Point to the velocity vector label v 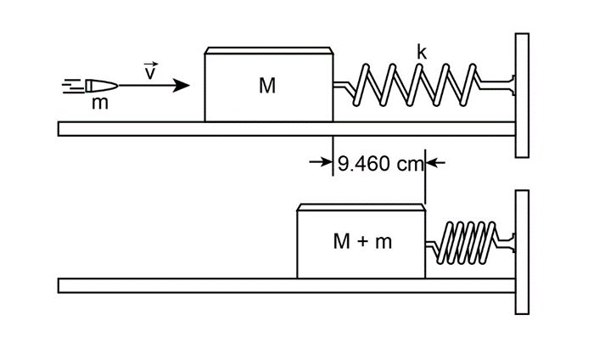click(151, 71)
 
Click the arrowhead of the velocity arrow click(182, 85)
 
